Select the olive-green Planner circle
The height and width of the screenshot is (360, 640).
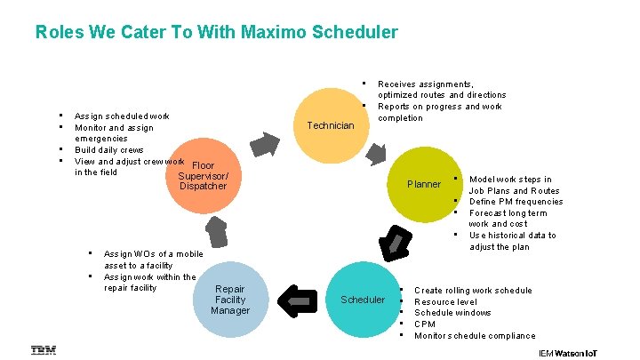(424, 184)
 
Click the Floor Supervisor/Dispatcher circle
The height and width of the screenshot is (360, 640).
(204, 174)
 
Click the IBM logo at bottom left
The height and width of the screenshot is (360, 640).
(44, 350)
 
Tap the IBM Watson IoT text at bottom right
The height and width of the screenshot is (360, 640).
(568, 353)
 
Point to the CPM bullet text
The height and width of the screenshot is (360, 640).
(425, 324)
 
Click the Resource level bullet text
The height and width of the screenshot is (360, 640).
(445, 302)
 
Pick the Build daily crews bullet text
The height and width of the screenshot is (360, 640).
(108, 150)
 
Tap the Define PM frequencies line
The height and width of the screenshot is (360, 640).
(516, 202)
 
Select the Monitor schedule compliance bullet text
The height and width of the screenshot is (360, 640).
(475, 336)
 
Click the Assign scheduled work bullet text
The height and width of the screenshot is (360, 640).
(122, 116)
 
